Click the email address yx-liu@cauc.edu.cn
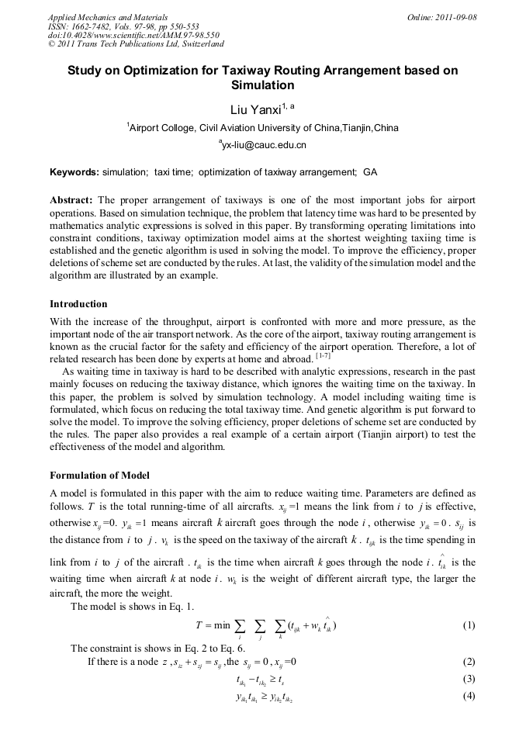click(264, 145)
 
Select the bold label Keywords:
click(74, 171)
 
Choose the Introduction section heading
click(78, 303)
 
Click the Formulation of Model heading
click(99, 476)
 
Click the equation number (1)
click(468, 625)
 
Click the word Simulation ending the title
click(263, 85)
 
